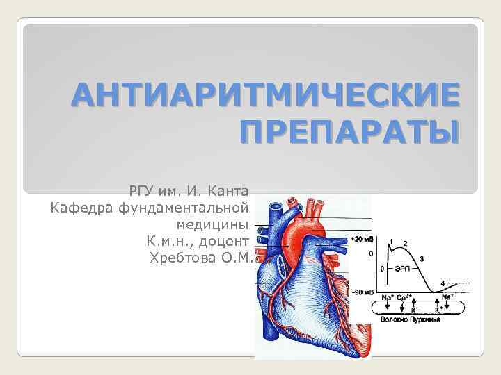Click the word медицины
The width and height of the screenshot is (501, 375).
click(x=212, y=224)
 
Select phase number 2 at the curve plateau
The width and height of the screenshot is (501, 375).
click(x=405, y=243)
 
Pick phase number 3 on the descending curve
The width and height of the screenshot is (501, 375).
click(x=421, y=258)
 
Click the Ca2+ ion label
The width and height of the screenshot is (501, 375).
click(x=404, y=298)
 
